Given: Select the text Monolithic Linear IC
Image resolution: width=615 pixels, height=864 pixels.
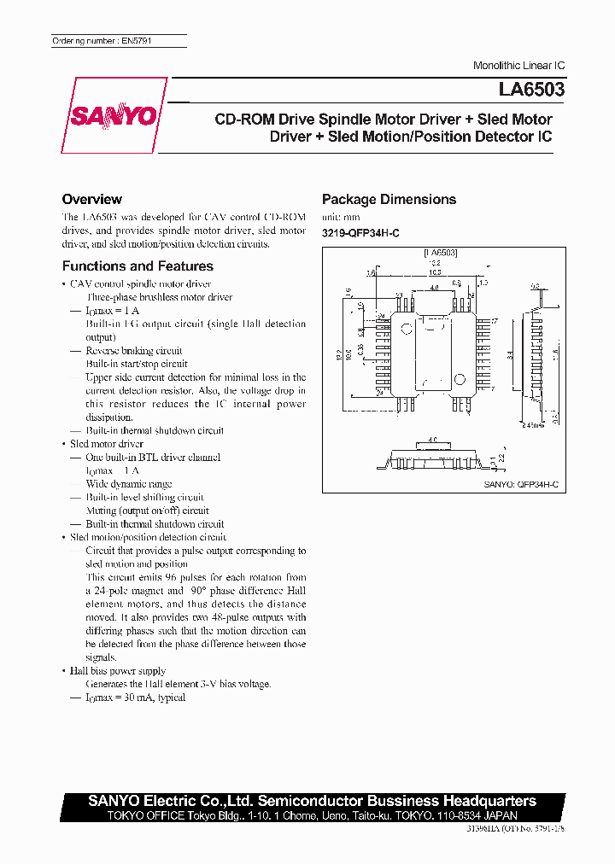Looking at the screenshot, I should click(x=518, y=66).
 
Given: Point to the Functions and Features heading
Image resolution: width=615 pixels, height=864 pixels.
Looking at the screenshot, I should click(x=138, y=266).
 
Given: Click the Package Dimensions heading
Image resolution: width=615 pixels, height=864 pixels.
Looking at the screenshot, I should click(x=389, y=200).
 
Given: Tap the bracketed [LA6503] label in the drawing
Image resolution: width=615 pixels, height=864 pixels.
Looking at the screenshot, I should click(x=440, y=254).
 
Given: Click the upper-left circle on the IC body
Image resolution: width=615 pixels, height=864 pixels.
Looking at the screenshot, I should click(x=409, y=326).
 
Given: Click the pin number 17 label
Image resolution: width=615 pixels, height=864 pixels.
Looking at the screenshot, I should click(x=494, y=321).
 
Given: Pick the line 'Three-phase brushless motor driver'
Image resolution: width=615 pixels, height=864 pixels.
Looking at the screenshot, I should click(x=159, y=297).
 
